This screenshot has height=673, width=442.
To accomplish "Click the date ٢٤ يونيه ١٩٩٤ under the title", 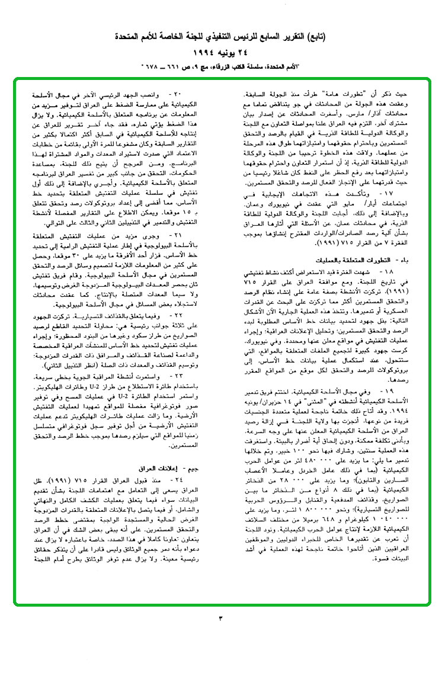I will pos(221,50).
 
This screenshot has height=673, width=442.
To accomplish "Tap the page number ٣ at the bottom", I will pos(220,619).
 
